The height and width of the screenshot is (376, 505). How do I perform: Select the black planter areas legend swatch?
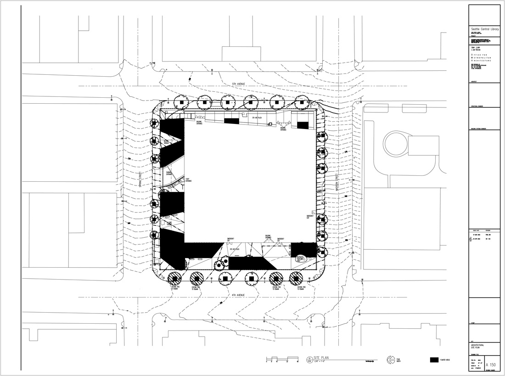434,360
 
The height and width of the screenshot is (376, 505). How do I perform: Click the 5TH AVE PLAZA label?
257,118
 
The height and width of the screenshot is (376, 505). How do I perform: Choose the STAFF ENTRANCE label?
188,180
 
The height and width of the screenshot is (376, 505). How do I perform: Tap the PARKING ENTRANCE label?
168,174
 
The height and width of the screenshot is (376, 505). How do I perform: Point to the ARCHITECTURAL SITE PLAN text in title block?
477,347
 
